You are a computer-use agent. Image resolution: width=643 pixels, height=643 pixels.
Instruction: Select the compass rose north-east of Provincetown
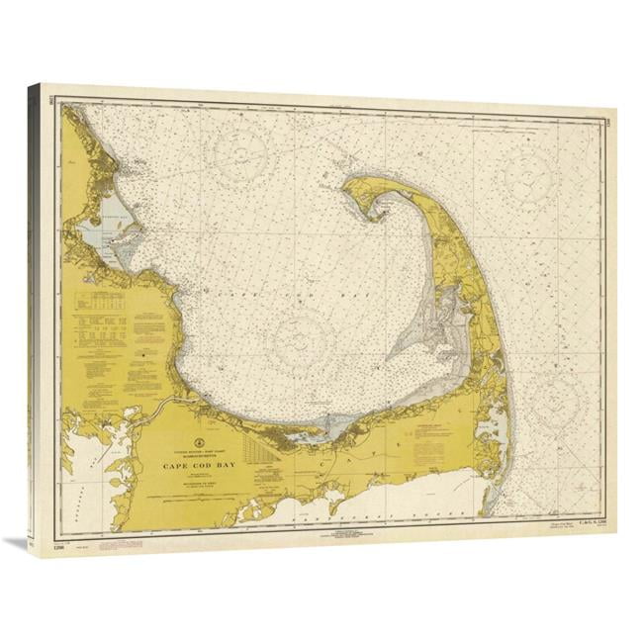pos(532,176)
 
